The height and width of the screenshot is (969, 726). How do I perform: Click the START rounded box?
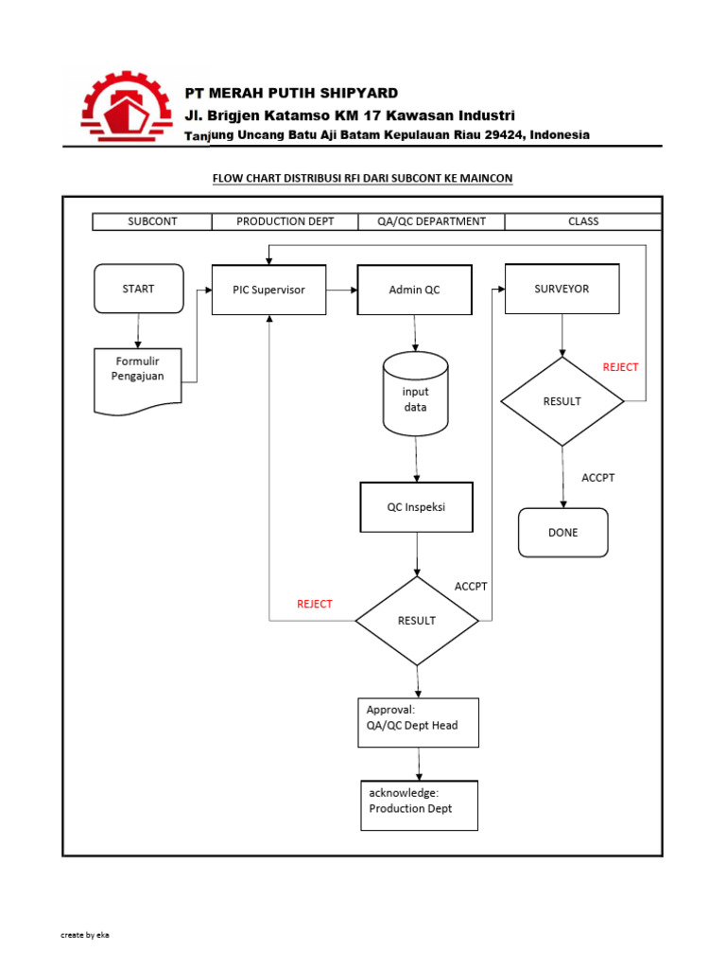coord(139,289)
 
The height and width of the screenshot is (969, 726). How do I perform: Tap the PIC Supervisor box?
coord(269,290)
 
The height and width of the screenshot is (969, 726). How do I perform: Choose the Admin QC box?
coord(414,290)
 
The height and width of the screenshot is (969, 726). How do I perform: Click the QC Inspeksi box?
coord(416,507)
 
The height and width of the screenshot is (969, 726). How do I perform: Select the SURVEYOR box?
coord(562,289)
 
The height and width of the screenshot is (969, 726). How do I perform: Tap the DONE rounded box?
coord(562,533)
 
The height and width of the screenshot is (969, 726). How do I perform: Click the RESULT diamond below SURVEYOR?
coord(562,401)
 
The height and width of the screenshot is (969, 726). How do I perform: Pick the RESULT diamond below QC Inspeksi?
coord(417,621)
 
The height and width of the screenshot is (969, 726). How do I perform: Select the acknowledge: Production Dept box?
coord(419,805)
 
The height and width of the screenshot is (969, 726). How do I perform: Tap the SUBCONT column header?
coord(152,221)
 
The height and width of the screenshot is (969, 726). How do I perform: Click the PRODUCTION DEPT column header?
coord(285,221)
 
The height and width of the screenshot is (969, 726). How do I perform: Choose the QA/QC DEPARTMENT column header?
coord(431,221)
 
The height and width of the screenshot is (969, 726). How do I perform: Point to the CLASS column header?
coord(583,221)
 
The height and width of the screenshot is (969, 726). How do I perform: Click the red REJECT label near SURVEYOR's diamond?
coord(620,367)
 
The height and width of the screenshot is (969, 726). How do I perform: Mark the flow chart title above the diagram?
coord(362,178)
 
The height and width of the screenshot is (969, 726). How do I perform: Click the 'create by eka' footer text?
coord(85,935)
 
